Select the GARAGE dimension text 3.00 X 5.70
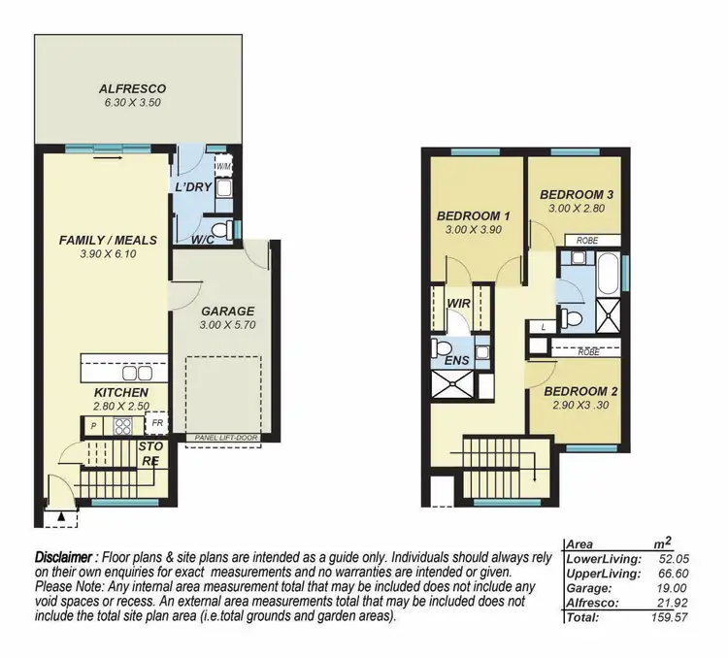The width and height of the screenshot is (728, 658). (228, 327)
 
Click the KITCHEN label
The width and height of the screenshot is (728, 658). (121, 392)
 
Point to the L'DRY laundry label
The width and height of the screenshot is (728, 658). (193, 186)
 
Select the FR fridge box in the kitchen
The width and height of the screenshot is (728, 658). (156, 424)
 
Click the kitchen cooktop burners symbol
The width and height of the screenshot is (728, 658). (123, 425)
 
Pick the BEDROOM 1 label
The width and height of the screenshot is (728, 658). (473, 215)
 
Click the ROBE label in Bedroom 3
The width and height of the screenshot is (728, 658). (586, 240)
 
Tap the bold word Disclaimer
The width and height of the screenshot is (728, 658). (64, 558)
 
